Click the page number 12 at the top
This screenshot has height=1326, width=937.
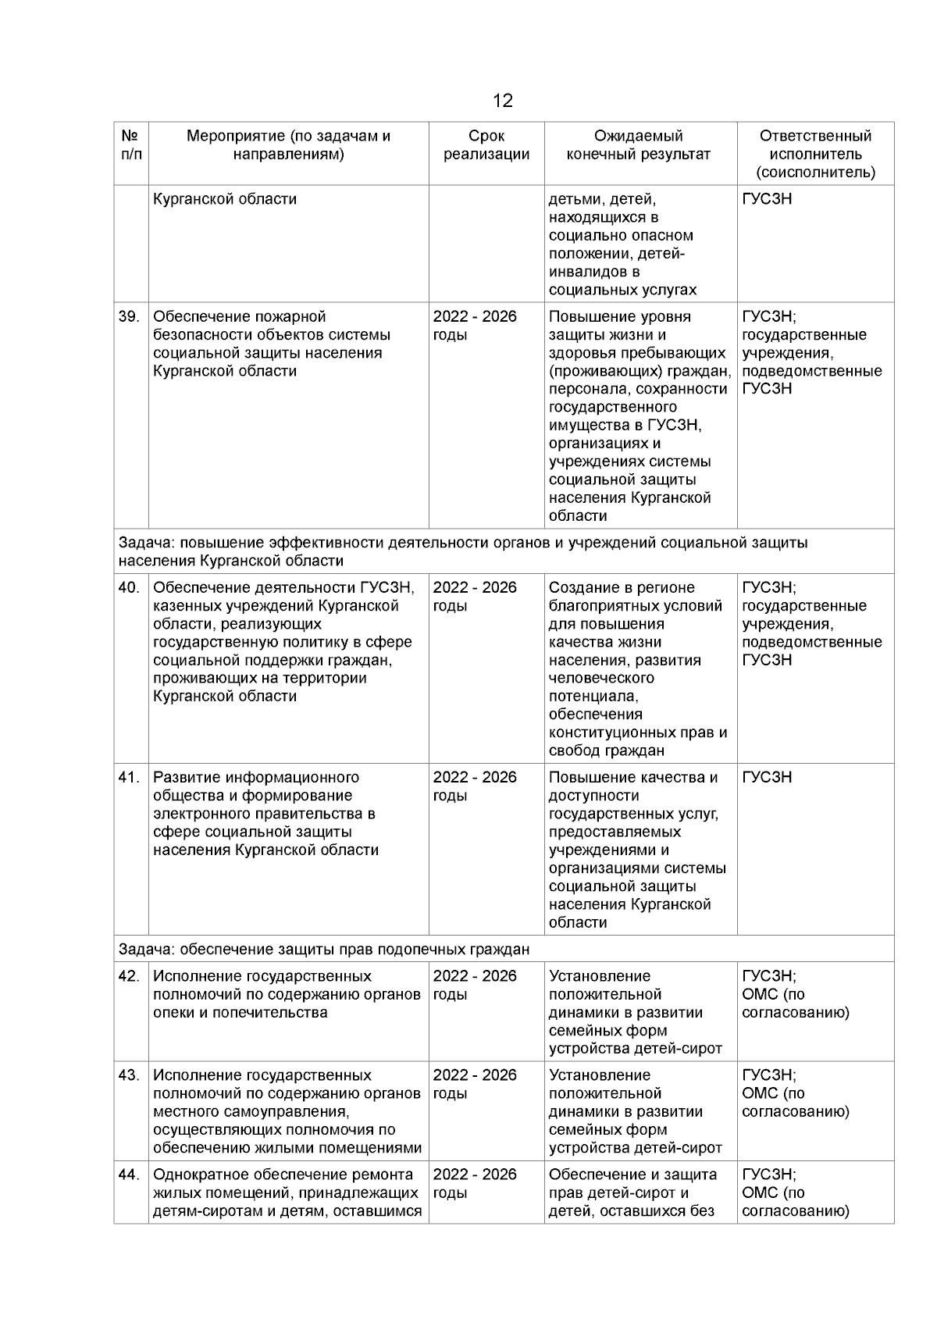tap(502, 101)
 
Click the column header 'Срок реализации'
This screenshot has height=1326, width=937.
tap(486, 145)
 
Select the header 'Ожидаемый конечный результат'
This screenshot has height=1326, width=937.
tap(638, 145)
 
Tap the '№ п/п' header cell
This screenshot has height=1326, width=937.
tap(130, 145)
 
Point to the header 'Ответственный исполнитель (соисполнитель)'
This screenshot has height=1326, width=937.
tap(815, 154)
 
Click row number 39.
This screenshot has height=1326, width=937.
tap(128, 317)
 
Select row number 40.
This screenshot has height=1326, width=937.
tap(128, 588)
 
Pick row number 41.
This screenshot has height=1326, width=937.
tap(128, 778)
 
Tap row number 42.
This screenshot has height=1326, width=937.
tap(128, 976)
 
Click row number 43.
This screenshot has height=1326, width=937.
tap(128, 1075)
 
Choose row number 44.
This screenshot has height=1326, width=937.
tap(128, 1175)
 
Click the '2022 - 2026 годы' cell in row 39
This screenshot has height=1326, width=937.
tap(474, 326)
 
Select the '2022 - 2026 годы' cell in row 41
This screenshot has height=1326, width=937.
tap(474, 786)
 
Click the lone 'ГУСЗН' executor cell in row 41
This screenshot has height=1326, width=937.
tap(767, 778)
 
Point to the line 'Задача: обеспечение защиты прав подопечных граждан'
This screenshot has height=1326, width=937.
tap(323, 950)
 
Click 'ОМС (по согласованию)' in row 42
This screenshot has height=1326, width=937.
tap(795, 1003)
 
